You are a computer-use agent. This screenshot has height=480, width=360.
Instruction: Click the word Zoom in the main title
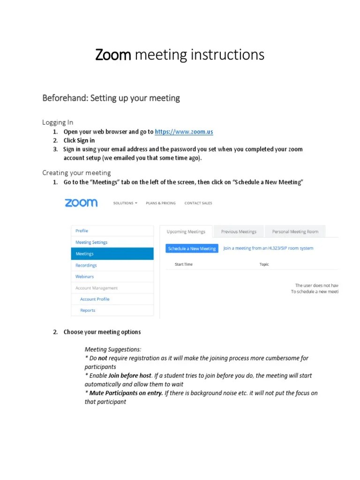(113, 55)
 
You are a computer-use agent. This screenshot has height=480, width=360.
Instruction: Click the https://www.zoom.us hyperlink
(184, 132)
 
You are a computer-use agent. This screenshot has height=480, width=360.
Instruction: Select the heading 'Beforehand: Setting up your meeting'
(111, 98)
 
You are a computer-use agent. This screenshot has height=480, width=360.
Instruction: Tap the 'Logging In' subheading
(58, 122)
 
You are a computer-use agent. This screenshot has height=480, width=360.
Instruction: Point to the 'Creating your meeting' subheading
(76, 172)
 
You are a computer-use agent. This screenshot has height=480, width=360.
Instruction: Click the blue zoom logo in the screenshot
(81, 202)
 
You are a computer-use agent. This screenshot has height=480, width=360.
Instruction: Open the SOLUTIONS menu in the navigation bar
(125, 203)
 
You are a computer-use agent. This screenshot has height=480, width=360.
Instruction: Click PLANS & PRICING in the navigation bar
(161, 203)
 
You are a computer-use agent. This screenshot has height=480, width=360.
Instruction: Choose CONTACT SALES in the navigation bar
(198, 203)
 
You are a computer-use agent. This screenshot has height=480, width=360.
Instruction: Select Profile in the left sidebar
(82, 231)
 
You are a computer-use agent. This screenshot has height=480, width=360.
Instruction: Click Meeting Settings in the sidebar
(91, 242)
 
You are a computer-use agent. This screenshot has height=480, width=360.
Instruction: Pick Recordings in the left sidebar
(86, 265)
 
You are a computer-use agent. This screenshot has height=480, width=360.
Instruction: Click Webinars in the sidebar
(85, 277)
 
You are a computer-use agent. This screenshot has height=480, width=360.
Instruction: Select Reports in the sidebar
(88, 310)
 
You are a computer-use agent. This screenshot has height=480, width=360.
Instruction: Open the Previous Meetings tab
(239, 232)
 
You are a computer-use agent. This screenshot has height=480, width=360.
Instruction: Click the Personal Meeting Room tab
(295, 232)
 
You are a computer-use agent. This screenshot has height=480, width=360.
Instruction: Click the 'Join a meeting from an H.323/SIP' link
(268, 248)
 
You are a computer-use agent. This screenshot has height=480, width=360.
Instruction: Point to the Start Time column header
(184, 264)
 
